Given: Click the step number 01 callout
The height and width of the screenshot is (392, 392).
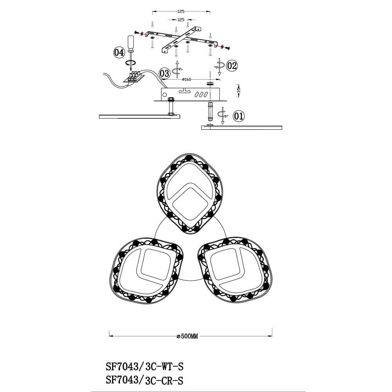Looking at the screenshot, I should point(239,116).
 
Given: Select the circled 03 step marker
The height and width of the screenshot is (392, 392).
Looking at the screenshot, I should point(165,73).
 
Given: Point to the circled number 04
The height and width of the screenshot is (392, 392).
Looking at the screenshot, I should point(119,52).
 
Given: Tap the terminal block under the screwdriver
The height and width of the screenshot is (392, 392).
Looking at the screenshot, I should point(134,76).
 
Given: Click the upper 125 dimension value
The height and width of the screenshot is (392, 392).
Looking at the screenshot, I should point(181,12).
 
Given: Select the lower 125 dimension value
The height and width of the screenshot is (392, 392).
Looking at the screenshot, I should point(181,19).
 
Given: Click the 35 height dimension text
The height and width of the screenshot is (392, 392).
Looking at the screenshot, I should point(239,90).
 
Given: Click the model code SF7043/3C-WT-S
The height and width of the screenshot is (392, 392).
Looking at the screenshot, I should point(145,367).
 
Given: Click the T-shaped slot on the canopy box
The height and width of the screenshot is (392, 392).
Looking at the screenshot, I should point(183,91).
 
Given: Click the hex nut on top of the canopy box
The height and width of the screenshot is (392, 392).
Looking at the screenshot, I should point(209,83).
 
